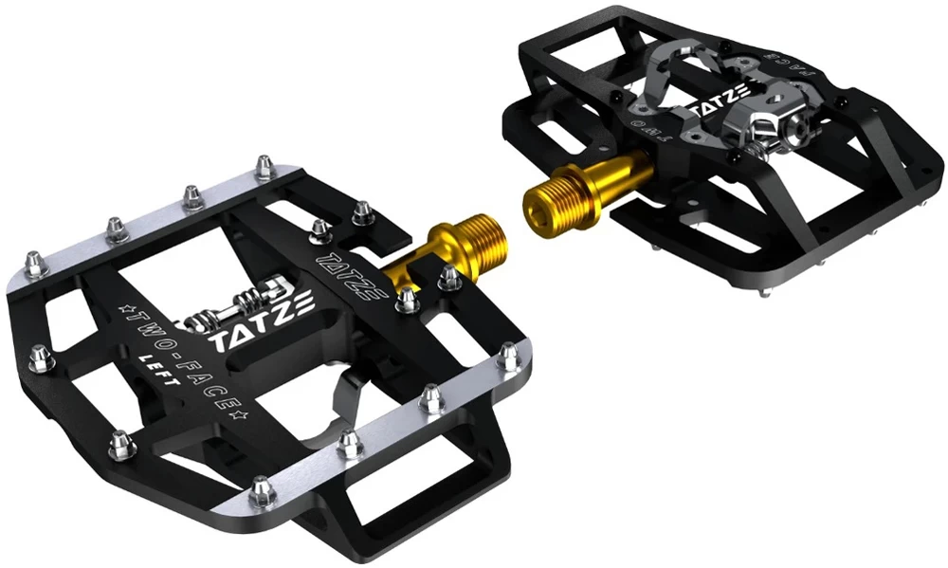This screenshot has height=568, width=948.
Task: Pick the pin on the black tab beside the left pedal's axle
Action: pyautogui.click(x=446, y=274)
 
